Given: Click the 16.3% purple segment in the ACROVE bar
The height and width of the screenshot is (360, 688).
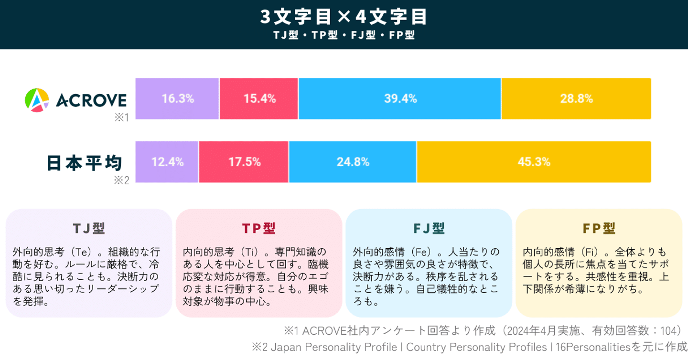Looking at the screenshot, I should (x=177, y=99).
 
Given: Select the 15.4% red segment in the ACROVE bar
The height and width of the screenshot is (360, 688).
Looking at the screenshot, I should (x=259, y=99).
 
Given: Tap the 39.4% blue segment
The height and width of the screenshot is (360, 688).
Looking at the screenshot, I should (x=400, y=99).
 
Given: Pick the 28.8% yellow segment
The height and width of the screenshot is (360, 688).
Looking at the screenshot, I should (x=576, y=99).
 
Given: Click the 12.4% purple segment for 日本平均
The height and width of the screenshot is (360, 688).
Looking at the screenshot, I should (x=167, y=162).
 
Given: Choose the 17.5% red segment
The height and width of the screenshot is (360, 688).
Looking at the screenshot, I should (x=244, y=162).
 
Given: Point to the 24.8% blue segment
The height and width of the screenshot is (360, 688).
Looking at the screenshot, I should (x=353, y=162).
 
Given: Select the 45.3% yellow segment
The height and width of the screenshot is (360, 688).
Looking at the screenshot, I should (x=534, y=162).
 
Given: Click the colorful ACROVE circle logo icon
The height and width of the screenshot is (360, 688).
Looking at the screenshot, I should (x=37, y=100).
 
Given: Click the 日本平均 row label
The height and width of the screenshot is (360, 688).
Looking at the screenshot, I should (x=84, y=163).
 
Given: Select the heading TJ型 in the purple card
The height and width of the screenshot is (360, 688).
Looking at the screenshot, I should (x=89, y=229).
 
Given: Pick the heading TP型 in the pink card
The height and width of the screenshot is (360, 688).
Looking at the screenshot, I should (x=258, y=229).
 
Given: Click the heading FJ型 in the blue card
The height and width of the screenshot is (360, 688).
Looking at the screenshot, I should (x=429, y=229).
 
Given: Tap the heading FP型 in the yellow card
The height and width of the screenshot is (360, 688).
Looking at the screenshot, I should (x=599, y=229).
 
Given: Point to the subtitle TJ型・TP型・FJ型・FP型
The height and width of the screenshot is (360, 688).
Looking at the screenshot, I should (x=344, y=35).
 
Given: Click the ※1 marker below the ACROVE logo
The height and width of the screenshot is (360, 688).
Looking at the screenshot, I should (x=121, y=117).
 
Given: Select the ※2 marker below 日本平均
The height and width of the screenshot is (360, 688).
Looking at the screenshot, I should (x=121, y=180).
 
